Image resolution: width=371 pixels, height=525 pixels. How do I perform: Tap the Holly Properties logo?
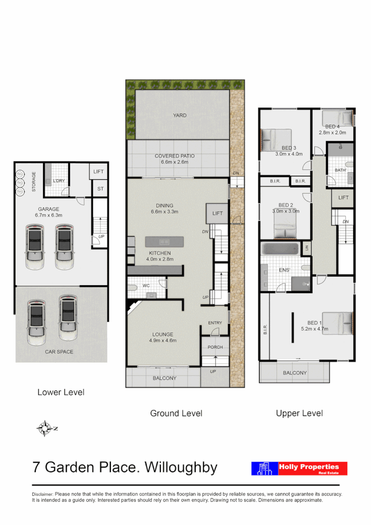(299, 469)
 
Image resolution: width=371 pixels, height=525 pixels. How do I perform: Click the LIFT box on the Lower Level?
(99, 171)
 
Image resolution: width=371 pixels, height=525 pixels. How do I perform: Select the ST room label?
(100, 189)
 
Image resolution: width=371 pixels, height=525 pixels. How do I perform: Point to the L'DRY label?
(59, 181)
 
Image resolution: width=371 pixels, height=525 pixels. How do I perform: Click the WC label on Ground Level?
(146, 285)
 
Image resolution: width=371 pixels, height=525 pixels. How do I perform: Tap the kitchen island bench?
(164, 241)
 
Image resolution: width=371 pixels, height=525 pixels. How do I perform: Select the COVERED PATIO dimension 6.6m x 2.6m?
(177, 162)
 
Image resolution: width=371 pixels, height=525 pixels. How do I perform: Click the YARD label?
(180, 115)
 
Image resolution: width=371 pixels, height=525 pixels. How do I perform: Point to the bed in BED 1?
(337, 322)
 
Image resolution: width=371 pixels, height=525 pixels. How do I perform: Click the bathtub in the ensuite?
(281, 248)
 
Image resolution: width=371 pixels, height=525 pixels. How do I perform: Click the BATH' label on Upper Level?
(340, 170)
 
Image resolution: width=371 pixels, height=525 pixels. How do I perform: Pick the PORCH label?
(215, 347)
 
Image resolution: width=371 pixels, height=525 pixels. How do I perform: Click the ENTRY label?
(215, 323)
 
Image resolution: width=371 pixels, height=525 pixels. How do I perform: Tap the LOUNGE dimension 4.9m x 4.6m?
(163, 340)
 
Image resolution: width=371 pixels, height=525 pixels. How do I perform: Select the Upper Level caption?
(299, 413)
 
